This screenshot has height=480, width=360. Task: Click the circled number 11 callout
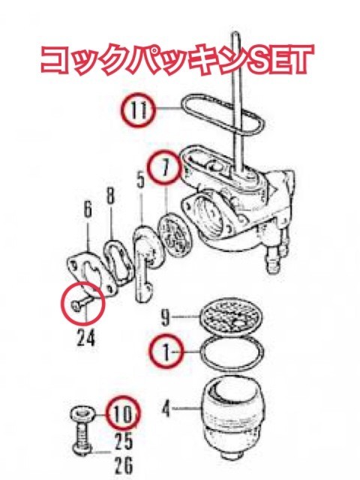138,109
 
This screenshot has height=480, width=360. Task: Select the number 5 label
140,181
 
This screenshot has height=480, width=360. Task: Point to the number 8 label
110,195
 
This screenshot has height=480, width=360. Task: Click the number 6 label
88,210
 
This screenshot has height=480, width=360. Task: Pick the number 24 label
85,337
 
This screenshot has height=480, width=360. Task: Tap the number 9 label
165,317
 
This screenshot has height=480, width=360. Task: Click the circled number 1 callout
166,352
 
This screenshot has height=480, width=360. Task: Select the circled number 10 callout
123,413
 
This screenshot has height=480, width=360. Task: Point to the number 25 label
123,441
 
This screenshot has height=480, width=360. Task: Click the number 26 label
123,465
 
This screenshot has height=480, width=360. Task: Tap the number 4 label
166,408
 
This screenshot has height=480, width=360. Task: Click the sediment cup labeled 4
232,418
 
